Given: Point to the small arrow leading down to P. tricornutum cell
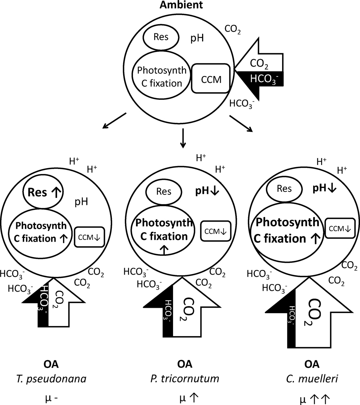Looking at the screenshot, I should (183, 138).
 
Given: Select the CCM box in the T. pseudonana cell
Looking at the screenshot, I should (90, 237).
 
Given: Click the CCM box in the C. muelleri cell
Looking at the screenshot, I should (340, 228).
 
